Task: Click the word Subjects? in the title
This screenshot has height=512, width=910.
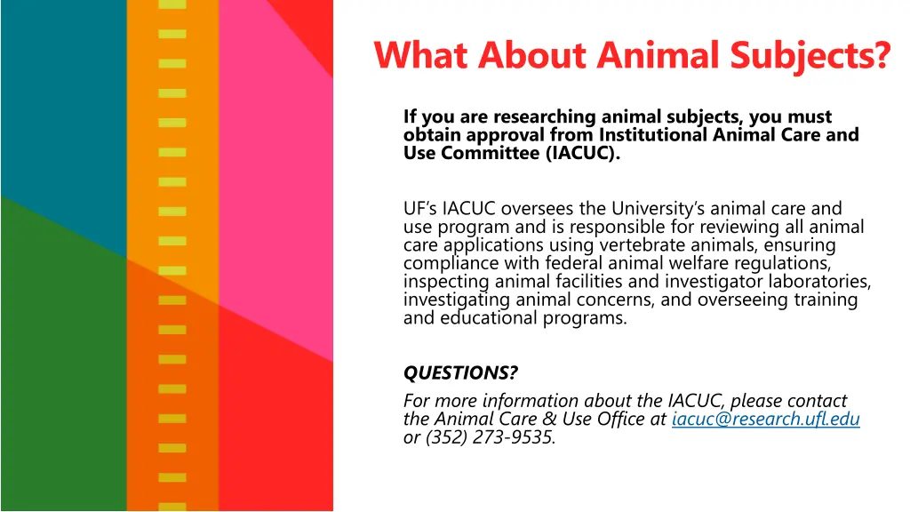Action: click(x=810, y=55)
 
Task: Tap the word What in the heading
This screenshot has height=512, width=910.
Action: click(x=421, y=55)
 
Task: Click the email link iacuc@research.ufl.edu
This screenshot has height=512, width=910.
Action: click(x=766, y=420)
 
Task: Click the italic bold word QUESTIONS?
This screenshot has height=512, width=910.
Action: click(x=460, y=372)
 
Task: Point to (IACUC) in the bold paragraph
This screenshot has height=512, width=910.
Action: click(x=579, y=153)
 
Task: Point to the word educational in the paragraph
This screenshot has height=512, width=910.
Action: click(x=488, y=317)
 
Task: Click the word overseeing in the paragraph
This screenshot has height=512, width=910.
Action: click(x=742, y=300)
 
